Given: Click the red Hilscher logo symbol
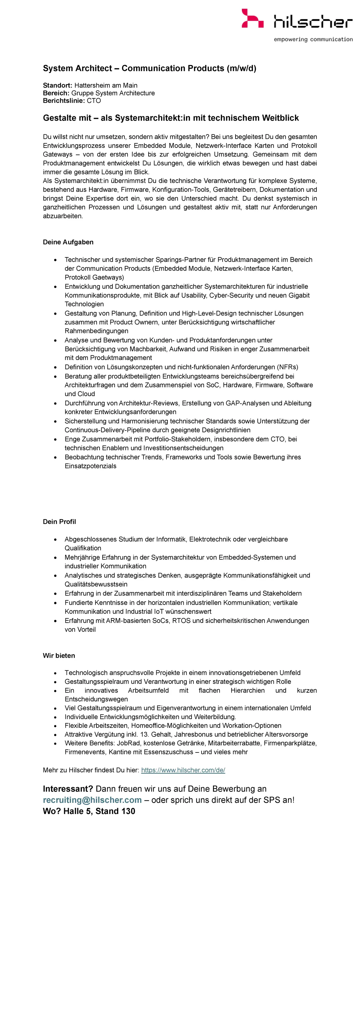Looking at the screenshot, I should click(252, 19).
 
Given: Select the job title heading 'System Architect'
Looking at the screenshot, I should click(77, 68).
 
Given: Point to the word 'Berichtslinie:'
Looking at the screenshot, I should click(64, 101).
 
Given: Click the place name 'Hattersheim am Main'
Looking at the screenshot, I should click(106, 86).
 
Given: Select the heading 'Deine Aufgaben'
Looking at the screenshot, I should click(68, 242).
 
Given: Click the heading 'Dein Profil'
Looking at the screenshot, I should click(59, 522).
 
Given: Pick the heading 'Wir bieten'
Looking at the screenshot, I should click(59, 656).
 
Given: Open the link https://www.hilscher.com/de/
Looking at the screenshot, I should click(183, 770).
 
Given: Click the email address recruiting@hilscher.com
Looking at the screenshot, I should click(92, 800).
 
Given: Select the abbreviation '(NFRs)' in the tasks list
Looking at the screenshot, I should click(287, 367).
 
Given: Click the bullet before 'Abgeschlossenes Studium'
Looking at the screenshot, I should click(55, 540).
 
